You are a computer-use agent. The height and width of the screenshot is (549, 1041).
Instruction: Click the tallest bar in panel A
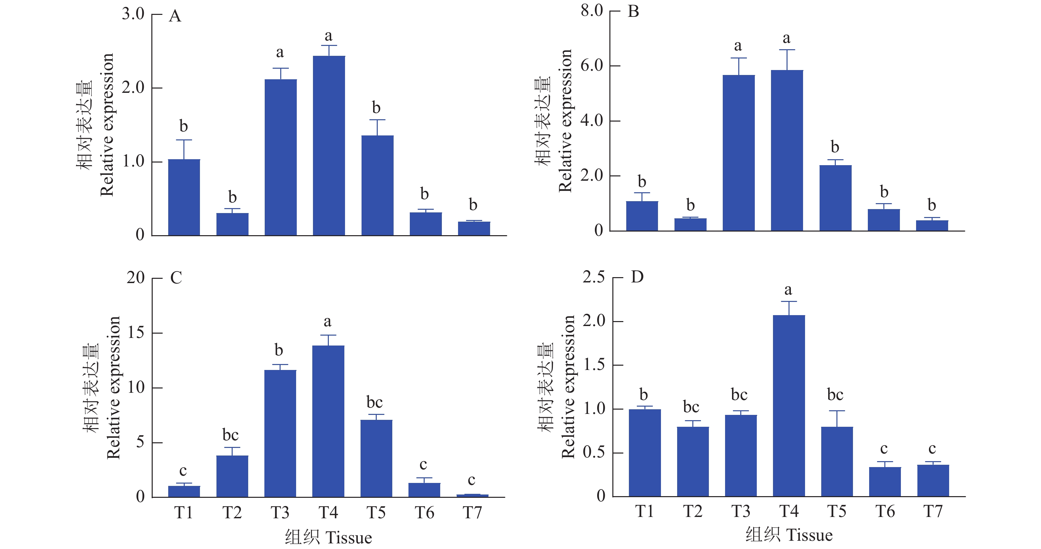pyautogui.click(x=328, y=145)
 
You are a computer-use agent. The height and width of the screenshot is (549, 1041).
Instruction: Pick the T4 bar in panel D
pyautogui.click(x=789, y=406)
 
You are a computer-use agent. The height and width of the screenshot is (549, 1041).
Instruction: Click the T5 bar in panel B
pyautogui.click(x=835, y=198)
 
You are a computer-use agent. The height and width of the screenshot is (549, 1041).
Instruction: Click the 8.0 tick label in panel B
pyautogui.click(x=592, y=11)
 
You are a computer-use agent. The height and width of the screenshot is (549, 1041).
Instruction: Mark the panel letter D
pyautogui.click(x=637, y=277)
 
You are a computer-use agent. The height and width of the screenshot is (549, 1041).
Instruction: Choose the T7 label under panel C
pyautogui.click(x=472, y=513)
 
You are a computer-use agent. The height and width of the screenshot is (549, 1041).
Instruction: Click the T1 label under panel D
pyautogui.click(x=644, y=511)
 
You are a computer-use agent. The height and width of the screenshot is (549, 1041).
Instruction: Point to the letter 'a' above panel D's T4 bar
pyautogui.click(x=788, y=290)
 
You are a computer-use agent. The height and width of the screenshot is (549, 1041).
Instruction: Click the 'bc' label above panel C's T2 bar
pyautogui.click(x=230, y=435)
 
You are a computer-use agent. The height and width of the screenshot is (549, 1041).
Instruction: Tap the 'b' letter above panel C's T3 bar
pyautogui.click(x=279, y=350)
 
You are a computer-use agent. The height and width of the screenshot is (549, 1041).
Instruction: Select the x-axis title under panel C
pyautogui.click(x=328, y=538)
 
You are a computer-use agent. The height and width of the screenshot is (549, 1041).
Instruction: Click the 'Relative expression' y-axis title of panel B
pyautogui.click(x=565, y=121)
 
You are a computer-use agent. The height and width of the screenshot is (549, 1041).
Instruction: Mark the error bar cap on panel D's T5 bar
pyautogui.click(x=837, y=411)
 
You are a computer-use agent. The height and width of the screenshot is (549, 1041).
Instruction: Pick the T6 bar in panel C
pyautogui.click(x=424, y=490)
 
